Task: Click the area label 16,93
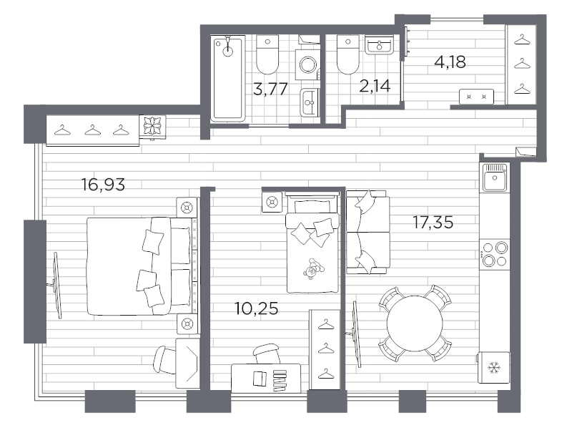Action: click(104, 185)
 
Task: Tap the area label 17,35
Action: click(433, 223)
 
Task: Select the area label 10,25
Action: click(256, 309)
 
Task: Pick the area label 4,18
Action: click(450, 62)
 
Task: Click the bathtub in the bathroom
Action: click(228, 78)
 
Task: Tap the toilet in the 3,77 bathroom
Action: click(267, 54)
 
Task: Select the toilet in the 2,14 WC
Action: click(347, 54)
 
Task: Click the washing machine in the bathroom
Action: click(309, 67)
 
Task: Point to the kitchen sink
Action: click(494, 177)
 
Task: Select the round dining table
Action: click(415, 323)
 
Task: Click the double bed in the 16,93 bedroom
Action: click(139, 266)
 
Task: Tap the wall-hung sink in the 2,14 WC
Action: click(378, 45)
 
